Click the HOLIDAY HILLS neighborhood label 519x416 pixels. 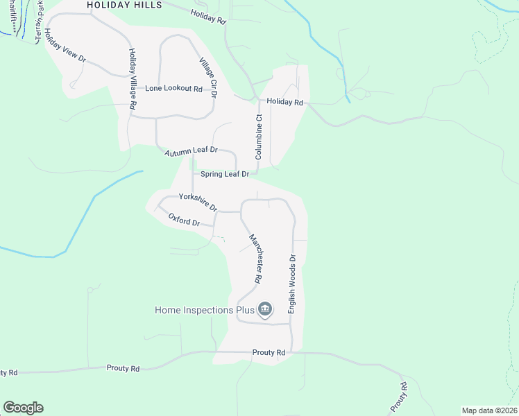coord(125,5)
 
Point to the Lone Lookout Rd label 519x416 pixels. coord(173,89)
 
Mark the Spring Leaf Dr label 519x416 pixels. coord(224,174)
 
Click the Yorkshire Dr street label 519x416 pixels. coord(198,202)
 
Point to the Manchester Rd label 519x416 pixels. coord(255,257)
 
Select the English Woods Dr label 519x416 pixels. coord(292,284)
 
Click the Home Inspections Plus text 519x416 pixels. coord(203,310)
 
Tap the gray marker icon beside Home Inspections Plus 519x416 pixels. coord(264,309)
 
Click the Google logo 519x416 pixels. coord(23,407)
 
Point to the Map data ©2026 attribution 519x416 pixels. coord(488,410)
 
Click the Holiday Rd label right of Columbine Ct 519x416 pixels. coord(286,103)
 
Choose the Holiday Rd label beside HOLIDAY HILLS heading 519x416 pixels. coord(207,17)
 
